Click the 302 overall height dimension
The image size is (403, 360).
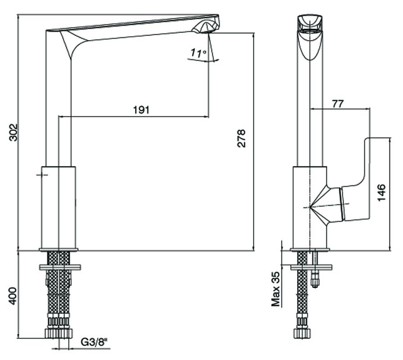[x=14, y=132]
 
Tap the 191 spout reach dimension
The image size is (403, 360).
[x=141, y=110]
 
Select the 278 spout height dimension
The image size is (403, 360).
[x=241, y=139]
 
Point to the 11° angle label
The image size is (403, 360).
[x=199, y=53]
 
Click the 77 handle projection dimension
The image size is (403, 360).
[x=337, y=104]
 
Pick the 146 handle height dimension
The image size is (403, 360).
[x=382, y=193]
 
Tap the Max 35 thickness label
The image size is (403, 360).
[x=276, y=289]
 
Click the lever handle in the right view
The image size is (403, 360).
[x=357, y=180]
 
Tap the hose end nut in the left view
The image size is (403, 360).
[x=59, y=333]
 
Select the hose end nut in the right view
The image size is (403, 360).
[x=302, y=333]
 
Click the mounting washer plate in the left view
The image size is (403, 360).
[x=60, y=267]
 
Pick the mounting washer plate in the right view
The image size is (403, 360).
[x=311, y=267]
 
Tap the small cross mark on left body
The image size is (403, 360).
[x=42, y=175]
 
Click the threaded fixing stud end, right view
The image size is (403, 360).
[x=315, y=281]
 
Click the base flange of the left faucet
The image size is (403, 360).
[x=59, y=249]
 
